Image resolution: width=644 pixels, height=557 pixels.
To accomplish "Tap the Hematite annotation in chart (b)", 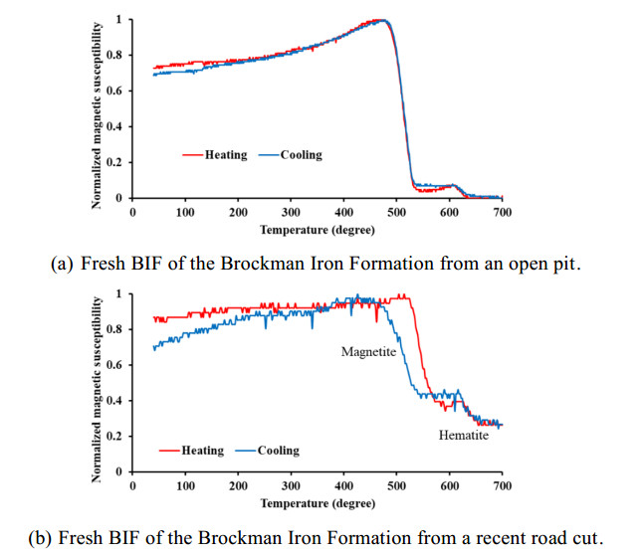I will point(463,436).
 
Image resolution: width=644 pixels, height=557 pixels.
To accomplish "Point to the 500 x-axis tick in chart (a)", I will point(396,212).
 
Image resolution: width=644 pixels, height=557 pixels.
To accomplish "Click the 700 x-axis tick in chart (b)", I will point(503,485).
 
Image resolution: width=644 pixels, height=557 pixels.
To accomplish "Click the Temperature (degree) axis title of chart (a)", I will point(317,230).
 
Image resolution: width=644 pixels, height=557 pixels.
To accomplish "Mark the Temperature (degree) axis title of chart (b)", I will point(317,503).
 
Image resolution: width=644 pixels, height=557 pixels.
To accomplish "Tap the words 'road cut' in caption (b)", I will point(568,537).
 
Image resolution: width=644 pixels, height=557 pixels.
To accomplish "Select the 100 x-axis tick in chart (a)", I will point(185,212).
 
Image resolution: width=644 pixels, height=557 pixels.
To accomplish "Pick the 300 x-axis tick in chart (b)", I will point(291,485).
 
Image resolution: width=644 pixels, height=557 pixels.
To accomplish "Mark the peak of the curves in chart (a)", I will point(380,21).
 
